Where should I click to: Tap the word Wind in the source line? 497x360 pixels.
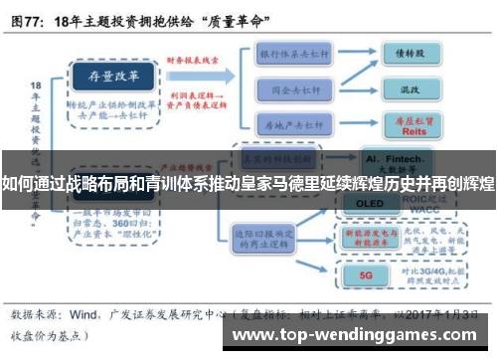[x=83, y=311]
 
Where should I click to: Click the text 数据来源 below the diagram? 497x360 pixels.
[x=38, y=311]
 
